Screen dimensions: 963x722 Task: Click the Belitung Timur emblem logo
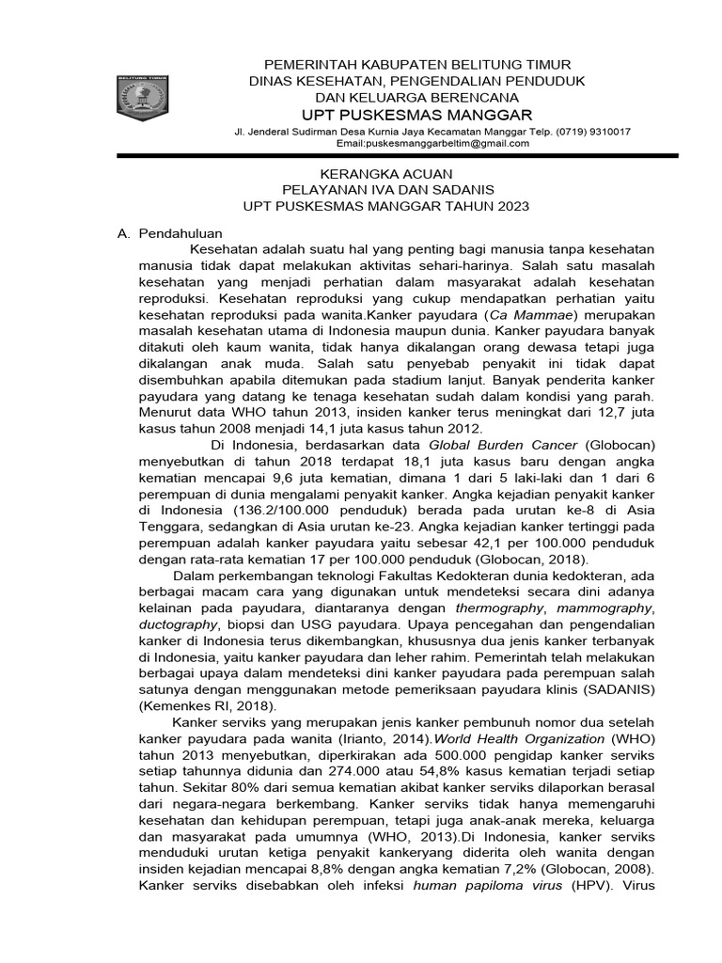click(x=141, y=102)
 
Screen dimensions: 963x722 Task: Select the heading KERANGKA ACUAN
click(x=386, y=174)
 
